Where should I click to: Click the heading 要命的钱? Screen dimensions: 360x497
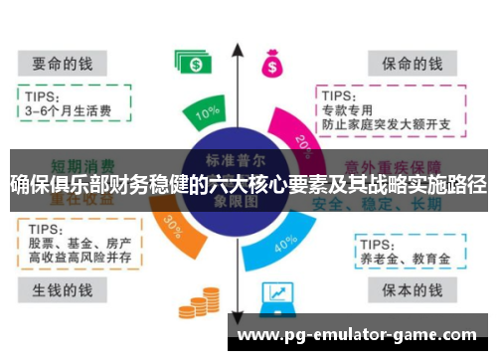(x=62, y=63)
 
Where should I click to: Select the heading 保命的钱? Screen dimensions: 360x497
(x=412, y=63)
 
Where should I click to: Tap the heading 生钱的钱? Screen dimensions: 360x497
(x=62, y=290)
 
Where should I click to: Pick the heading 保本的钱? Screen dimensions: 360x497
(x=412, y=290)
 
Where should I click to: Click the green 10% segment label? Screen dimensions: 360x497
(x=208, y=113)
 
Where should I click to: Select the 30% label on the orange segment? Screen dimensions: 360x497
(x=173, y=225)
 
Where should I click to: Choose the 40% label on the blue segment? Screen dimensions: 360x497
(x=285, y=242)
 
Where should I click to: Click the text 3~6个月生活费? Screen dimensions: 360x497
(x=69, y=110)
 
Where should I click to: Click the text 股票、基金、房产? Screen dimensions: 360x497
(x=77, y=244)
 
